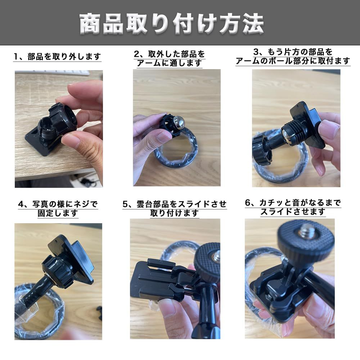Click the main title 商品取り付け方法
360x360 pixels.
[x=172, y=24]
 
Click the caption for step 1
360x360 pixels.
[x=57, y=57]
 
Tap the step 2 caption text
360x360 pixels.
[x=170, y=59]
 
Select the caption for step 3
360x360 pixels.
[x=293, y=57]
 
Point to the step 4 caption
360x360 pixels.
[x=58, y=208]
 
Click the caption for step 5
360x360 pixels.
[x=175, y=208]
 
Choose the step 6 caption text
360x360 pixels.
[x=293, y=207]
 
